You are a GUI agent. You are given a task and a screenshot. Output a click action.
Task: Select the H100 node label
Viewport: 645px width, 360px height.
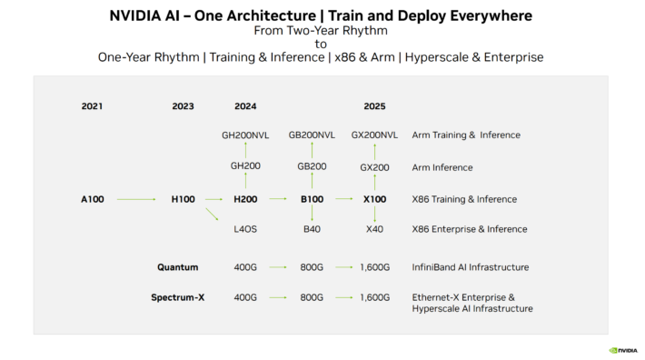pyautogui.click(x=183, y=199)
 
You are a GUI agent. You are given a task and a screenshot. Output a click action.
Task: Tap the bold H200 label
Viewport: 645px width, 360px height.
pyautogui.click(x=245, y=199)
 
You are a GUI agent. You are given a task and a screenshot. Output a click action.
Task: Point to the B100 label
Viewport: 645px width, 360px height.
pyautogui.click(x=312, y=199)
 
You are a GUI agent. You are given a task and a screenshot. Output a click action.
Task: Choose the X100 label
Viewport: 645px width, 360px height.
pyautogui.click(x=374, y=199)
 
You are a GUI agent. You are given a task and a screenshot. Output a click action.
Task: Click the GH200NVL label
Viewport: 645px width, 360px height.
pyautogui.click(x=245, y=135)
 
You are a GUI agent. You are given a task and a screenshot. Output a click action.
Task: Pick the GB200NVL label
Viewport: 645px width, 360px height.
pyautogui.click(x=312, y=135)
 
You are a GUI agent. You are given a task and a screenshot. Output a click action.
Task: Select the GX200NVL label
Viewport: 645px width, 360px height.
pyautogui.click(x=374, y=135)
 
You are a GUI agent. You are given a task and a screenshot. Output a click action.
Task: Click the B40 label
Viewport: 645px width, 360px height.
pyautogui.click(x=312, y=229)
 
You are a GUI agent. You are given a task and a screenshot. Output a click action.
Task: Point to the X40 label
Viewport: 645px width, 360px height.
pyautogui.click(x=374, y=229)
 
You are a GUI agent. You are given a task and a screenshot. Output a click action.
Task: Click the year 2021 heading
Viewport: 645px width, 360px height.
pyautogui.click(x=91, y=106)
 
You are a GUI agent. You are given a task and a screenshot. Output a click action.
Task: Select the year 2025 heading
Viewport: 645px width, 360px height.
pyautogui.click(x=374, y=106)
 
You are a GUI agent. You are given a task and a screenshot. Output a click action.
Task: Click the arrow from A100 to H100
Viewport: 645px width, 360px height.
pyautogui.click(x=136, y=199)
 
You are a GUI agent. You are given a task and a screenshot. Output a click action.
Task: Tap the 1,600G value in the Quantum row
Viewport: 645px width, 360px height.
pyautogui.click(x=374, y=267)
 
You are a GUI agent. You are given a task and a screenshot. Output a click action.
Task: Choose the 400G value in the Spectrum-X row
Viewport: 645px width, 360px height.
pyautogui.click(x=245, y=297)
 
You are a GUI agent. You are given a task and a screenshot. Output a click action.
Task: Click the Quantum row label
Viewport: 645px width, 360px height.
pyautogui.click(x=177, y=267)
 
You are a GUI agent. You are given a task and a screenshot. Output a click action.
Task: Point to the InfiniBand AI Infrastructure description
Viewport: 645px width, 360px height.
pyautogui.click(x=471, y=267)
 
